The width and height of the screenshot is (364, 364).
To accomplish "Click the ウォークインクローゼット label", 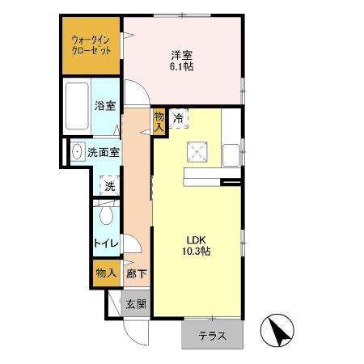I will click(x=91, y=44).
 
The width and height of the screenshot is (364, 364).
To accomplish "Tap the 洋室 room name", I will click(x=181, y=54).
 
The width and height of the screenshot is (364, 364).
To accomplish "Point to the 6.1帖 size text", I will click(x=181, y=67).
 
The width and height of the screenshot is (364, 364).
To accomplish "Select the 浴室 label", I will click(x=104, y=105).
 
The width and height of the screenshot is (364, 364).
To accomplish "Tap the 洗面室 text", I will click(x=104, y=151).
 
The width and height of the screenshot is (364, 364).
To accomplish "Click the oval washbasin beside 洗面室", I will click(x=77, y=151).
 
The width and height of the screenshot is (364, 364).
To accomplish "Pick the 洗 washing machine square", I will click(x=108, y=185).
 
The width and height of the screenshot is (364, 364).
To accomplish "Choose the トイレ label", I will click(x=106, y=243).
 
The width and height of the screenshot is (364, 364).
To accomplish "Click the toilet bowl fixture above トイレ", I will click(x=105, y=216).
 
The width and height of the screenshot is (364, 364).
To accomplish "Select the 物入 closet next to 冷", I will click(x=159, y=121).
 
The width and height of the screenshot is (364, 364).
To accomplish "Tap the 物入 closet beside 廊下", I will click(x=105, y=273).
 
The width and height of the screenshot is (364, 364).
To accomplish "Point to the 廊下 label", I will click(x=136, y=274).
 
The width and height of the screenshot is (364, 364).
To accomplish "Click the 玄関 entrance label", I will click(x=135, y=304).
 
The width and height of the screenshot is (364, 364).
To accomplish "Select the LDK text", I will click(x=198, y=239).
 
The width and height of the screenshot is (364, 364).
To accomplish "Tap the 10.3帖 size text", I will click(x=198, y=252).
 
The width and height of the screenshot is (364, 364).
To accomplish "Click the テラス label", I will click(x=212, y=335).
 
